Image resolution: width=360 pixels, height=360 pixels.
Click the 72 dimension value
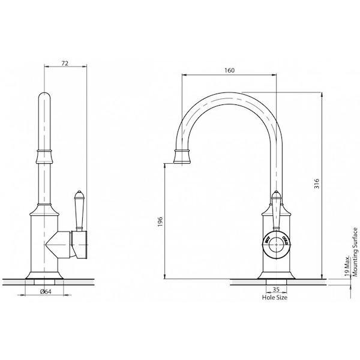click(66, 62)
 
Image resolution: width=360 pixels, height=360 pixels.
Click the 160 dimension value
click(229, 70)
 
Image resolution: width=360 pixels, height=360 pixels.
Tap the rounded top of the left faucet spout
click(44, 99)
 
